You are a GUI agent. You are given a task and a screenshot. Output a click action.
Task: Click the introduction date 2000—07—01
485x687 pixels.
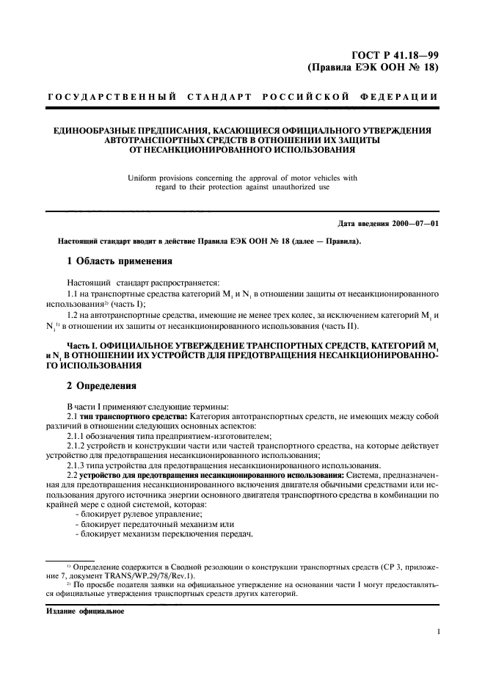[413, 223]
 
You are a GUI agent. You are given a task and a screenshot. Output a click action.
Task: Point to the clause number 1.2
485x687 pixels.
[73, 315]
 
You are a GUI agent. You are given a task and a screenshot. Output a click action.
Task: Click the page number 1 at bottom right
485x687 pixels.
[437, 630]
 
